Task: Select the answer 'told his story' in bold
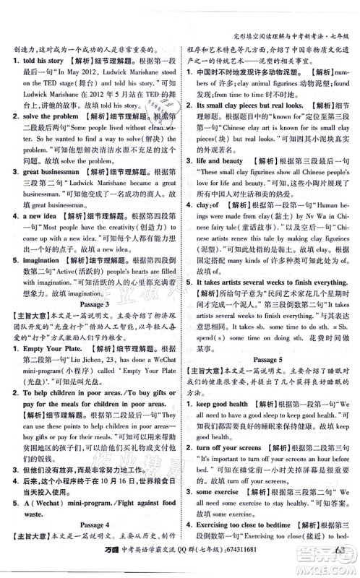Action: point(44,62)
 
